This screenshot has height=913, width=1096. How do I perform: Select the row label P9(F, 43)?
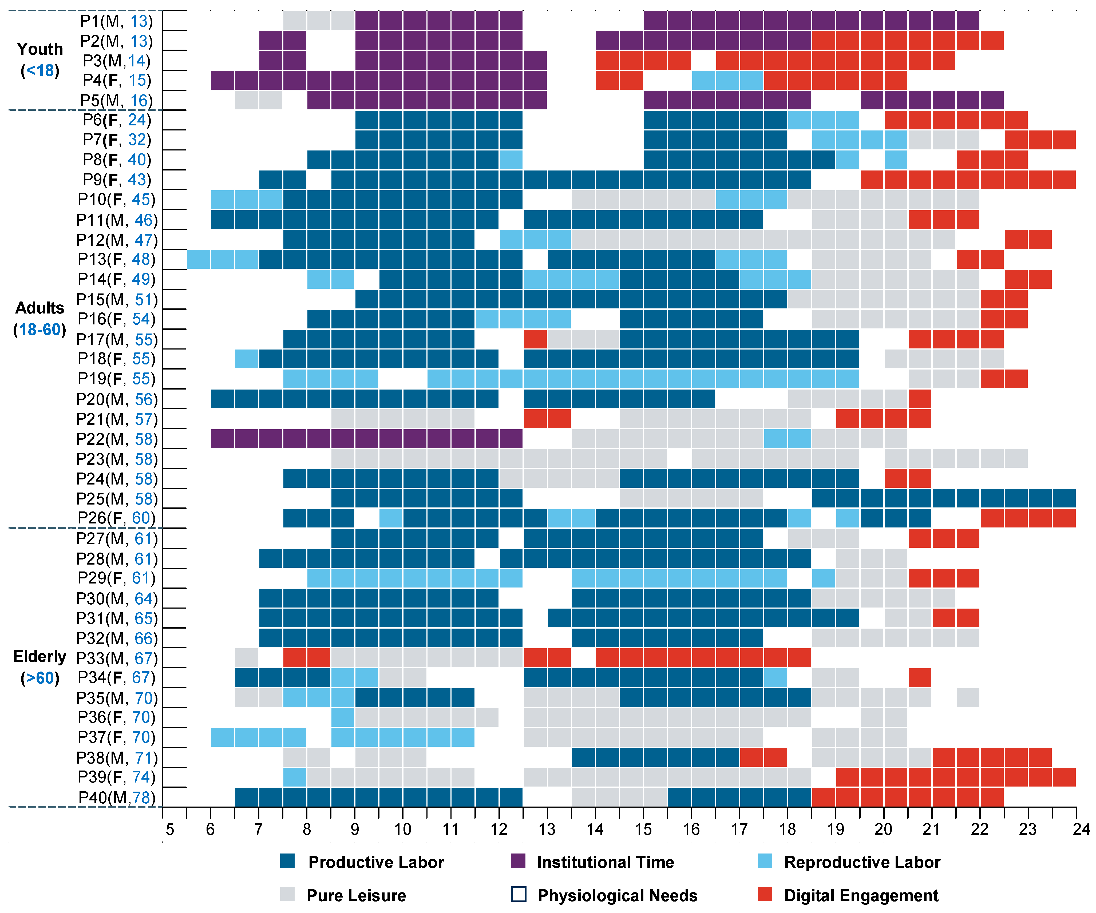click(117, 180)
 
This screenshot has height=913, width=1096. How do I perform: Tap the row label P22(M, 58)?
click(117, 439)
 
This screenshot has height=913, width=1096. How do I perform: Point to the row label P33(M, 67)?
click(117, 658)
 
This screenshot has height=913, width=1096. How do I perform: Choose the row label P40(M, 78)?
click(117, 797)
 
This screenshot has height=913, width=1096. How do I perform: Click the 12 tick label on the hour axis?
click(499, 829)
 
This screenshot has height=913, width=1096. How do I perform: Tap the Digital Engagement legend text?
click(861, 895)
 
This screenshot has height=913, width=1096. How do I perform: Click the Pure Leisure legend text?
click(357, 895)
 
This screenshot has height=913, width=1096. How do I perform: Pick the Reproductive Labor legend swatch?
click(765, 861)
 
